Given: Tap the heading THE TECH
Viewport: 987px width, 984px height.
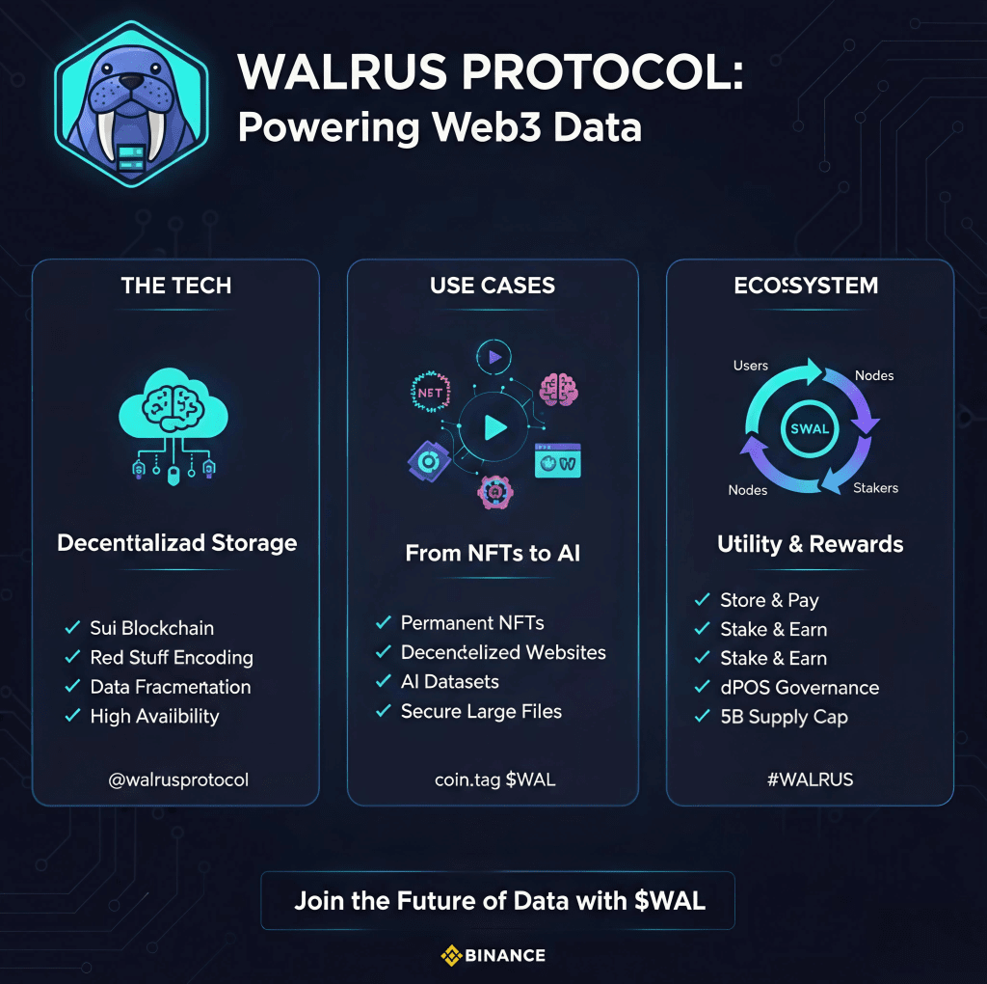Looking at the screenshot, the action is coord(176,286).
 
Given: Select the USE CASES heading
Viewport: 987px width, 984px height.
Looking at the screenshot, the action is coord(493,286).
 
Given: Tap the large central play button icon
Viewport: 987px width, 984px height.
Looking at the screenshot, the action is coord(494,427).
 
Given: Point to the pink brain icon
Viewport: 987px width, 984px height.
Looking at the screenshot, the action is coord(558,389).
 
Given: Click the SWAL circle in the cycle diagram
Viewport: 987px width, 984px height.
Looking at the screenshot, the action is coord(810,428).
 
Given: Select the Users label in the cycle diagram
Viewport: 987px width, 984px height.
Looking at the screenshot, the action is coord(751,366).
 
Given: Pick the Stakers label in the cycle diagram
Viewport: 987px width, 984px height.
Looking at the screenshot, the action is coord(875,488).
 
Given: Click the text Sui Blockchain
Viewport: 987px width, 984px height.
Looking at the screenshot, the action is coord(152,628).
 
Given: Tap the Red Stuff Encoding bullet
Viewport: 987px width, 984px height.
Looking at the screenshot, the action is coord(172,658).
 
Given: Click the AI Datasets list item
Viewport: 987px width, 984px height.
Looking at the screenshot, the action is coord(450,682).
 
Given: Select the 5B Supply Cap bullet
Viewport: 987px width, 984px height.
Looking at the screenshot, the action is coord(784,718).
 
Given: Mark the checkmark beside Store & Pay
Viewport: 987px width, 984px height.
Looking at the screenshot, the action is coord(703,600).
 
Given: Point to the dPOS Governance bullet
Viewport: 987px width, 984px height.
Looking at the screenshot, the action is coord(799,688).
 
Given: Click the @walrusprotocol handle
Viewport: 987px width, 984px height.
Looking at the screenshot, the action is coord(178,779).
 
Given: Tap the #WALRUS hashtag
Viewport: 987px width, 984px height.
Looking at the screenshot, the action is coord(810,779).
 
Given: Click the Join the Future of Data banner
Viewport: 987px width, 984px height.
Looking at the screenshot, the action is coord(499,901).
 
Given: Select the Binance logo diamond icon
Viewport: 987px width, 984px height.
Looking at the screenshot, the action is coord(450,956).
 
